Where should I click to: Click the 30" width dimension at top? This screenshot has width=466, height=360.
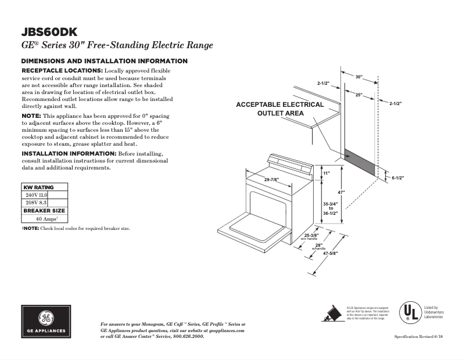point(359,77)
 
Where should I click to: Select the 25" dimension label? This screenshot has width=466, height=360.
point(359,94)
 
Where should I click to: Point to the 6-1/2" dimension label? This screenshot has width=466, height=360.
point(398,178)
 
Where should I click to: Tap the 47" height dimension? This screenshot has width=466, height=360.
point(342,192)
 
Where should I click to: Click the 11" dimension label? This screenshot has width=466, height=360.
point(326,173)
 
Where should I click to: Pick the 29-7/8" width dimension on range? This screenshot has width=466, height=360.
point(273,179)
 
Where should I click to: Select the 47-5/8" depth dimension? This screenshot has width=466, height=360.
point(330,253)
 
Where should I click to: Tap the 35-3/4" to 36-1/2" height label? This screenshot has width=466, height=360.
point(331,208)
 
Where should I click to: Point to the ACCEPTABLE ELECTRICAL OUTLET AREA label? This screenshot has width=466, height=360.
point(280,109)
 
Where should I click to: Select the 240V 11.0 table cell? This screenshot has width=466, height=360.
point(35,195)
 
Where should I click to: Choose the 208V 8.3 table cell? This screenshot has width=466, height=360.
point(35,203)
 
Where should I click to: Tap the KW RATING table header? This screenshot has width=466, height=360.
point(38,188)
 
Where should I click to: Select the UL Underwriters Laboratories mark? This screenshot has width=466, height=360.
point(410,312)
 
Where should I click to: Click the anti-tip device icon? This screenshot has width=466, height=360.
point(332,312)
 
